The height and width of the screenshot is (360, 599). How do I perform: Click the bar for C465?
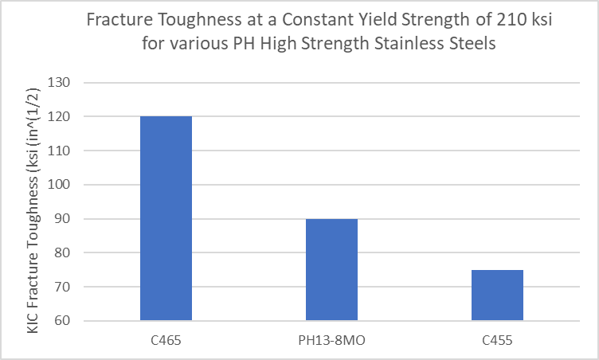tap(166, 218)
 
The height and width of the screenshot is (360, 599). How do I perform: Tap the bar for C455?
tap(497, 295)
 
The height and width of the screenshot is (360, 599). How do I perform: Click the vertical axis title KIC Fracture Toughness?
tap(33, 202)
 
